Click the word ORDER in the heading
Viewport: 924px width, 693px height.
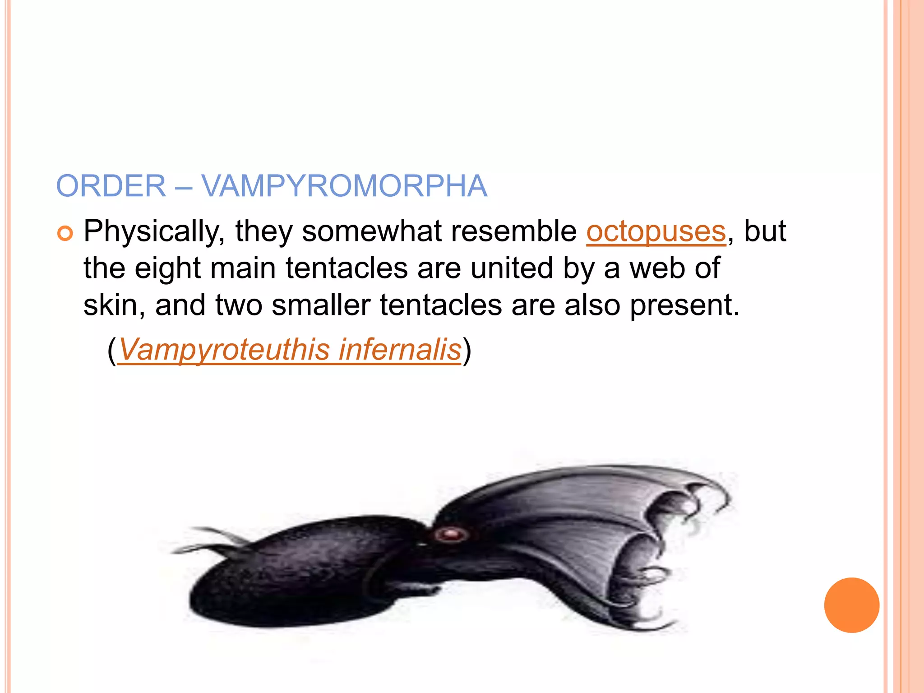coord(111,186)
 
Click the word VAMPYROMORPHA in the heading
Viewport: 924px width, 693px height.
coord(344,186)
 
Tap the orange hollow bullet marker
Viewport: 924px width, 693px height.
coord(65,233)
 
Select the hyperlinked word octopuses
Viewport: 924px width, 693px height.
coord(656,231)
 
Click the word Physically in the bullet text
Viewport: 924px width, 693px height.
coord(154,231)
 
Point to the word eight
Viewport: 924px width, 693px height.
coord(167,268)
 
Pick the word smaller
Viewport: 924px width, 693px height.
coord(321,305)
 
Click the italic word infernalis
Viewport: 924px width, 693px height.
coord(400,350)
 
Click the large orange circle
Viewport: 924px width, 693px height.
coord(851,605)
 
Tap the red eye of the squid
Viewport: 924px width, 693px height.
coord(450,535)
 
